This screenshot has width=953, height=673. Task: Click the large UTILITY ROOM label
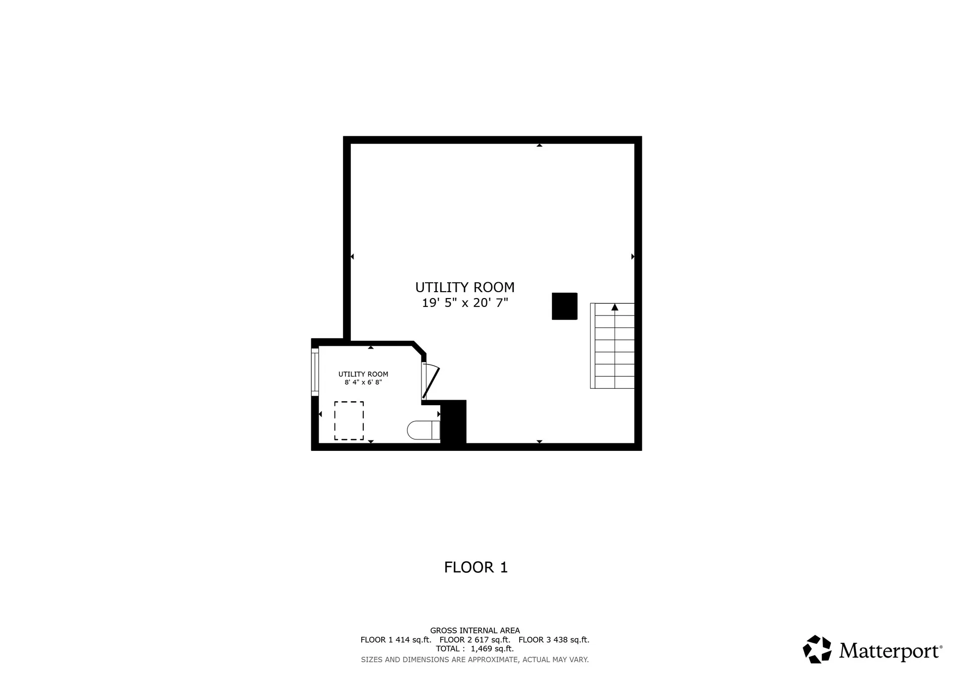(x=465, y=288)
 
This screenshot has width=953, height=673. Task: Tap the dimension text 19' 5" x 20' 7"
(x=465, y=303)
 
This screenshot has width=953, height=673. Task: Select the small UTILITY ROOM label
(x=363, y=374)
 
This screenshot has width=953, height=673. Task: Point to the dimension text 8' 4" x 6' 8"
(x=363, y=382)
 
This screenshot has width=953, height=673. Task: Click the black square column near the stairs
(x=564, y=306)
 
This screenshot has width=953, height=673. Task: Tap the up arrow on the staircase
(x=615, y=307)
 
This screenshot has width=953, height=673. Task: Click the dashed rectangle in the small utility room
(x=349, y=421)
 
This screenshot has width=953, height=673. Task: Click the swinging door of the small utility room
(x=430, y=382)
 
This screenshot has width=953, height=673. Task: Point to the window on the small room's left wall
(x=315, y=372)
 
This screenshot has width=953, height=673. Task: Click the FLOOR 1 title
(x=476, y=567)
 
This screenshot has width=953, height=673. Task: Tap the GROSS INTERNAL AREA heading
(x=475, y=631)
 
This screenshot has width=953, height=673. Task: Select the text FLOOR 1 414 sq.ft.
(x=396, y=640)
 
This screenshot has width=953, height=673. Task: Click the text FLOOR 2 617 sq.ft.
(x=475, y=640)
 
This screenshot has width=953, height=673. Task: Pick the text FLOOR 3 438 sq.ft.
(x=554, y=640)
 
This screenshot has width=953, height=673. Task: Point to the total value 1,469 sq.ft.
(x=492, y=649)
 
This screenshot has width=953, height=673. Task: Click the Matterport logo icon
(x=817, y=649)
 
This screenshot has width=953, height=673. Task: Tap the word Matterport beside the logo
(x=890, y=651)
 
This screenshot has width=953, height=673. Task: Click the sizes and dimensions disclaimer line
(x=475, y=660)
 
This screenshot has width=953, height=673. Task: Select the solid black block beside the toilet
(x=453, y=422)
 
